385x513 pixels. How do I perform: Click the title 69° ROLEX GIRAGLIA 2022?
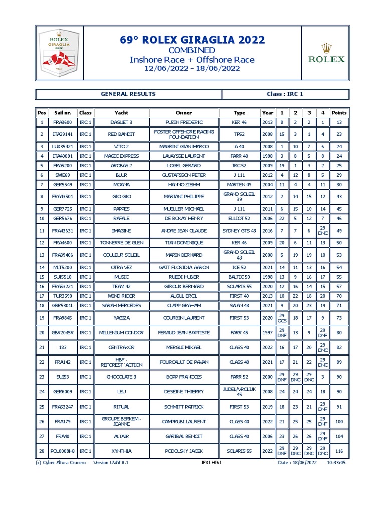(192, 40)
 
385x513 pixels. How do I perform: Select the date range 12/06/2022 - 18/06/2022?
(192, 69)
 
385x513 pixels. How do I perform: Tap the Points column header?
(339, 113)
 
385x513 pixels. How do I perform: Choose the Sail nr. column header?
(63, 113)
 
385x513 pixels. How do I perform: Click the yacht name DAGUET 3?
(122, 122)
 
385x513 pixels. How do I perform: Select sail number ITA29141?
(63, 134)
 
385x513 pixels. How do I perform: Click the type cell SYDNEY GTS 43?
(240, 231)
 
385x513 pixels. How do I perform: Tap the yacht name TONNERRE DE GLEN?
(122, 243)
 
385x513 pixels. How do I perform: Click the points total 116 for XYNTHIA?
(339, 451)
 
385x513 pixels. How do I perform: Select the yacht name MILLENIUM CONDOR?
(122, 332)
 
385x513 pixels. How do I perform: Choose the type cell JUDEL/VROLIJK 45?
(240, 391)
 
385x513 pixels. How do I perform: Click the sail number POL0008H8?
(63, 451)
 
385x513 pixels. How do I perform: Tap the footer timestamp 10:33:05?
(336, 463)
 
